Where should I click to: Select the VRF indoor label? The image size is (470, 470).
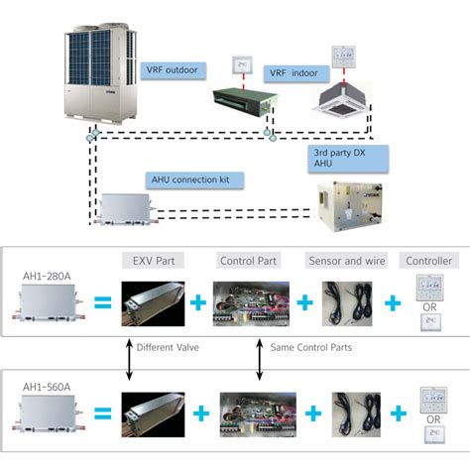289,72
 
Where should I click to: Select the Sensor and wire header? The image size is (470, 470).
343,261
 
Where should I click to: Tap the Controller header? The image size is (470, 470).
428,261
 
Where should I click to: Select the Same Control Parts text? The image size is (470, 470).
309,349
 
